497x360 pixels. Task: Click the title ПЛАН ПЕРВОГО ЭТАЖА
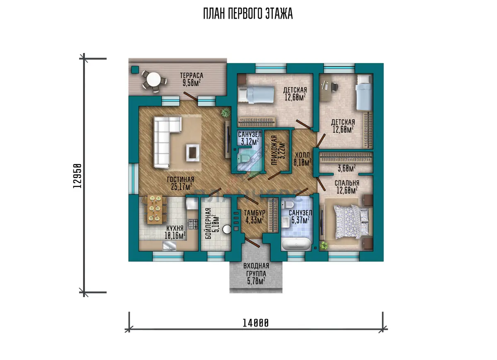(248, 14)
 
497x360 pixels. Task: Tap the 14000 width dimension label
(256, 323)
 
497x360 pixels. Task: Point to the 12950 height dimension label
(77, 176)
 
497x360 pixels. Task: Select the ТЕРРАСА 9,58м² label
(192, 79)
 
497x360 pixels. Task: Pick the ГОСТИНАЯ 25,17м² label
(181, 183)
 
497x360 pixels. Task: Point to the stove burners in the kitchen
(193, 224)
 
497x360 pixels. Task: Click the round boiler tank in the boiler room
(227, 229)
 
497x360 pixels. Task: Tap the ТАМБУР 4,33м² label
(254, 216)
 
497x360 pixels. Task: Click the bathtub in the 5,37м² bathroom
(297, 245)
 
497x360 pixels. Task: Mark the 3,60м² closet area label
(347, 168)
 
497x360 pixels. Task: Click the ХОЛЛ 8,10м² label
(302, 159)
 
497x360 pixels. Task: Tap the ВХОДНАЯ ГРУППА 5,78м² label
(256, 274)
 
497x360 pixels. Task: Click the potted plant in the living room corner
(226, 113)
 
